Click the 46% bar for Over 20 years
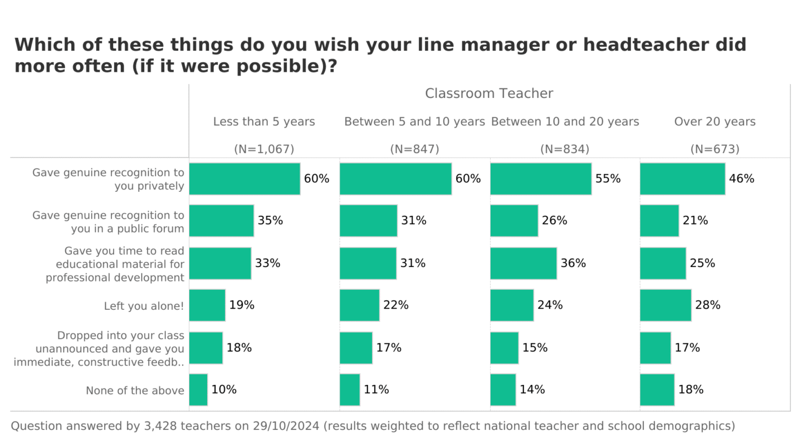coord(682,179)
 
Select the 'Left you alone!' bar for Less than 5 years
coord(207,305)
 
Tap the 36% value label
coord(573,263)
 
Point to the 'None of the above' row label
coord(135,390)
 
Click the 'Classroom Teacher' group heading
coord(489,93)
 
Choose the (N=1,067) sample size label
coord(264,149)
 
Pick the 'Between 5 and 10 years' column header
coord(414,121)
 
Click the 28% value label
coord(708,305)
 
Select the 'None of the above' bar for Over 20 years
coord(657,389)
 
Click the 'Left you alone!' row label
coord(144,306)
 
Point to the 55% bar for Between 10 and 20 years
coord(540,179)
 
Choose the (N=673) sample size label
coord(715,149)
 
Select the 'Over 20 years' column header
coord(715,121)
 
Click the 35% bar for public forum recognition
coord(221,221)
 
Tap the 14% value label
coord(532,389)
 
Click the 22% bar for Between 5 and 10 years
coord(359,305)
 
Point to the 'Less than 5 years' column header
coord(264,121)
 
